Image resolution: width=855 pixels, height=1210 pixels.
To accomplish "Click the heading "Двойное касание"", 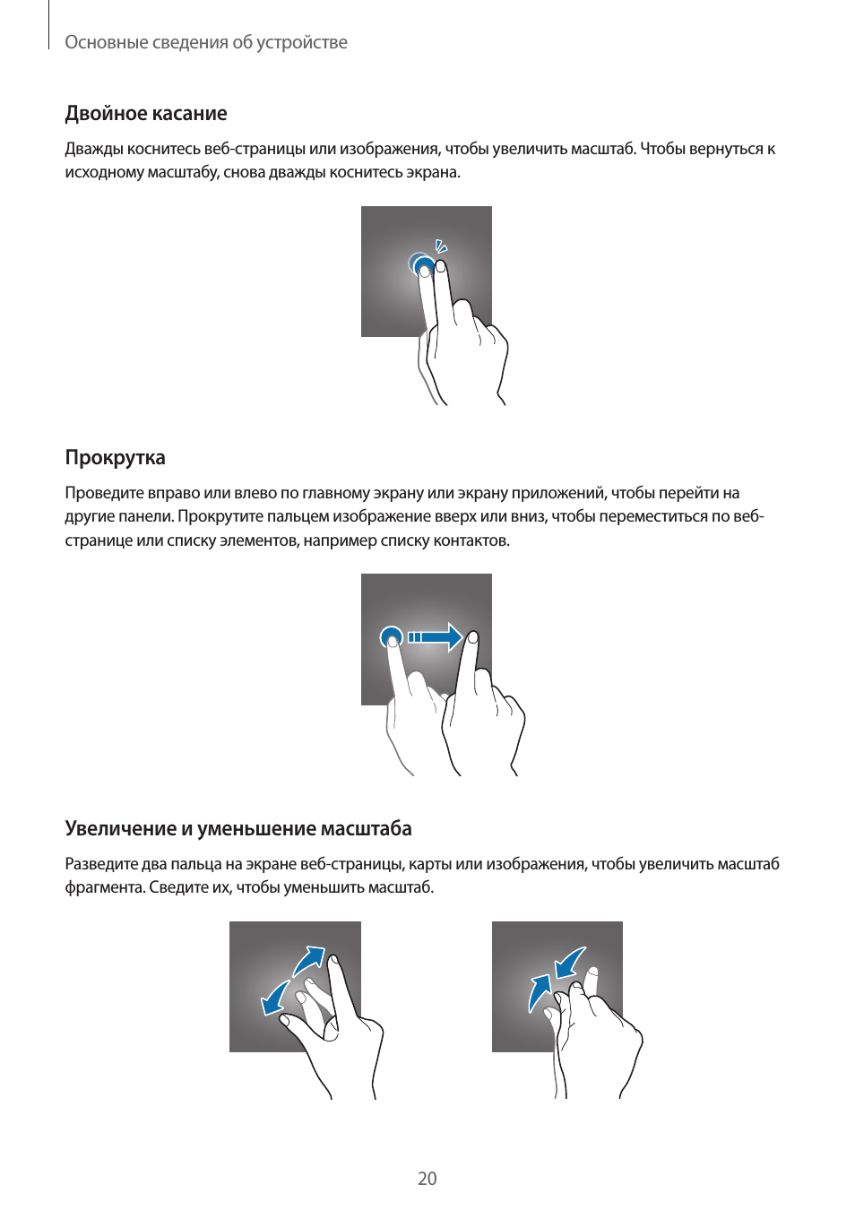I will pyautogui.click(x=145, y=114).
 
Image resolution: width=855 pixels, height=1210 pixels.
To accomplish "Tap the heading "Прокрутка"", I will pyautogui.click(x=115, y=458).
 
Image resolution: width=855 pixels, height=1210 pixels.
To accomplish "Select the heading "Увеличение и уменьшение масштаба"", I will pyautogui.click(x=237, y=829).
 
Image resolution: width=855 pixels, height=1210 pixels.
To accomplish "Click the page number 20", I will pyautogui.click(x=427, y=1179).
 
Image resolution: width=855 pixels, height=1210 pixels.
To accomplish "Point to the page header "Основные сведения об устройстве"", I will pyautogui.click(x=205, y=42).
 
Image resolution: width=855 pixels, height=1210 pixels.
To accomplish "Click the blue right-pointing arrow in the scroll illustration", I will pyautogui.click(x=436, y=637).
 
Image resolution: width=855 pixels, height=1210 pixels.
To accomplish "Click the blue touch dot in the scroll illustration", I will pyautogui.click(x=391, y=637).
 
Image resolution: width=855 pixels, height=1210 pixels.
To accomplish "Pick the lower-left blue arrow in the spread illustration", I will pyautogui.click(x=274, y=998).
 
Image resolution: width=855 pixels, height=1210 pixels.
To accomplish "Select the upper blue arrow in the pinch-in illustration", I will pyautogui.click(x=570, y=964).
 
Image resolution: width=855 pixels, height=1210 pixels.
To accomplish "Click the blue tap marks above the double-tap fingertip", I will pyautogui.click(x=440, y=246).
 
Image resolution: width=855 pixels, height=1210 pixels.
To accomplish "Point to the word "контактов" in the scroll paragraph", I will pyautogui.click(x=471, y=540).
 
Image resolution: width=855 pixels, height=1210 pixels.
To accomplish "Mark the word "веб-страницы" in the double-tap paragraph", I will pyautogui.click(x=254, y=149).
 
